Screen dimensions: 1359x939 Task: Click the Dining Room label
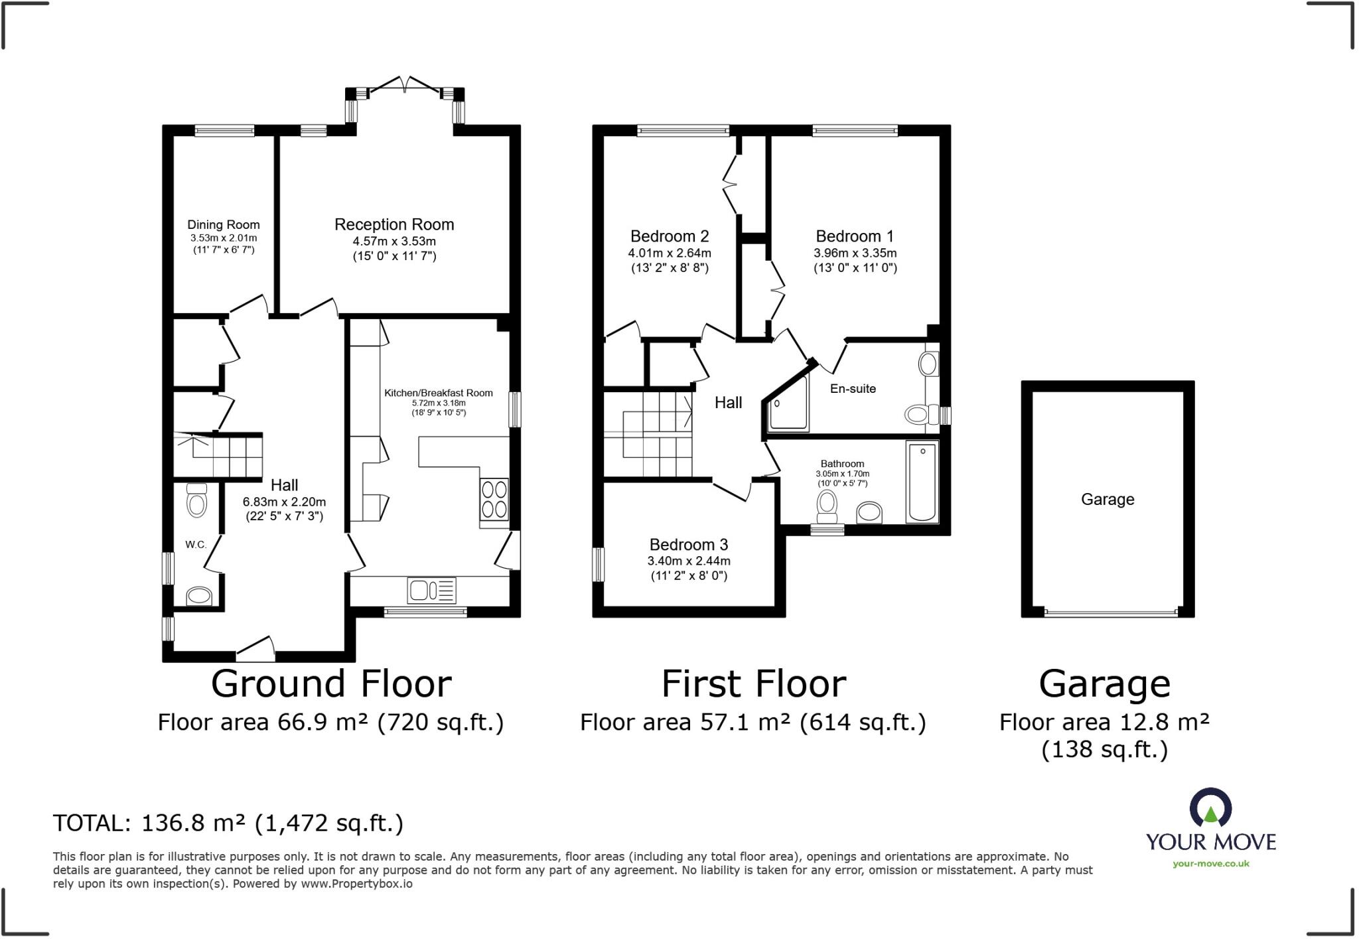(x=224, y=225)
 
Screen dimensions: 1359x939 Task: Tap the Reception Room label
(x=394, y=224)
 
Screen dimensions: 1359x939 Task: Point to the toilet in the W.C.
(x=196, y=500)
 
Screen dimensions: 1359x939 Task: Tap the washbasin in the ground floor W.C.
(x=199, y=595)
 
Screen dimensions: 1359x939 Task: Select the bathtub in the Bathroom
(x=922, y=482)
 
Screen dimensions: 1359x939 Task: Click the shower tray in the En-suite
(x=788, y=403)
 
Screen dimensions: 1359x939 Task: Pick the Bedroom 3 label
(x=689, y=545)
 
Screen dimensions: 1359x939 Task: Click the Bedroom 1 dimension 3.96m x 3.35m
(x=855, y=253)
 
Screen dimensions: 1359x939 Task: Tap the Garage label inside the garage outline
(x=1108, y=500)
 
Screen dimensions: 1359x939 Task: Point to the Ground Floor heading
(x=331, y=684)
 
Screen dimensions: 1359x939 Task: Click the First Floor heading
(x=754, y=684)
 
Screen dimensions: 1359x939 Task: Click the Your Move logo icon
(x=1211, y=808)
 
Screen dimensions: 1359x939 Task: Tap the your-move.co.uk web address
(x=1211, y=863)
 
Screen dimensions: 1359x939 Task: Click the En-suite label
(x=853, y=389)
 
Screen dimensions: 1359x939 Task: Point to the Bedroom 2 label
(x=670, y=236)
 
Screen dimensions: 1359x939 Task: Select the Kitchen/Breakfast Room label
(x=439, y=393)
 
